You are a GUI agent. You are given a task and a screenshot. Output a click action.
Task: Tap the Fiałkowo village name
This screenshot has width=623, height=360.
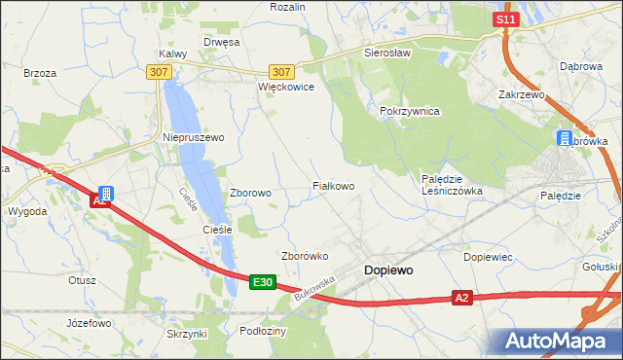tap(333, 185)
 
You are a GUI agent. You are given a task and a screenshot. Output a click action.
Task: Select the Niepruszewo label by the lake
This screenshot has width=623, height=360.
tap(193, 138)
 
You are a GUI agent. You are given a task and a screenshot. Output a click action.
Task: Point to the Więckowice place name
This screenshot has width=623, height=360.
tap(285, 87)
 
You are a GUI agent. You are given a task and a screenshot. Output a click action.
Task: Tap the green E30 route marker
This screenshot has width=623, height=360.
tap(262, 282)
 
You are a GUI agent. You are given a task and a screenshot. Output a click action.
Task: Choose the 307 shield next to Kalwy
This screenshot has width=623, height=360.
tap(160, 72)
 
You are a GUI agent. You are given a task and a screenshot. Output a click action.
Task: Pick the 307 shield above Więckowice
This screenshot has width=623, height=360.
tap(281, 72)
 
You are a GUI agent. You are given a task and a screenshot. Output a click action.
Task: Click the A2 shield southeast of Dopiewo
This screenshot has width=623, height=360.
tap(463, 298)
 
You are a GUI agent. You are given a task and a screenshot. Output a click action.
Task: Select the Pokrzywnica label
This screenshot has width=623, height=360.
tap(410, 112)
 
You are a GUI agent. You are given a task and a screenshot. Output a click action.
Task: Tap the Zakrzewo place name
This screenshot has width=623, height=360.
tap(521, 95)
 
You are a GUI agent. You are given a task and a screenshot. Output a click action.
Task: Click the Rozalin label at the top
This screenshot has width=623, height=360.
tap(288, 7)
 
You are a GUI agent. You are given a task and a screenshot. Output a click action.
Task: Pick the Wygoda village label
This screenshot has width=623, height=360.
tap(27, 211)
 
